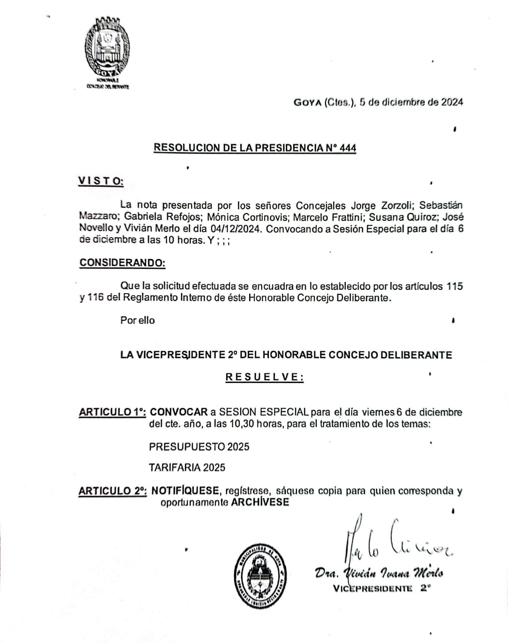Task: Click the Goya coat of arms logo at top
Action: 107,49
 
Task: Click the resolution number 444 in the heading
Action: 348,148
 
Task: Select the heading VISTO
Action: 100,181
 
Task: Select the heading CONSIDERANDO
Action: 122,263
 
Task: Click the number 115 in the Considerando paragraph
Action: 454,286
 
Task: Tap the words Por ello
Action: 138,320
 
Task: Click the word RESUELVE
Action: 264,377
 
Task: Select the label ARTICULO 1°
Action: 113,412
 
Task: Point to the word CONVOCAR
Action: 179,412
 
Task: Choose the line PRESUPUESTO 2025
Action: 199,446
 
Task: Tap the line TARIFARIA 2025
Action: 187,467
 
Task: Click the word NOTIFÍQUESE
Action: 185,491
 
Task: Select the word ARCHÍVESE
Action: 260,502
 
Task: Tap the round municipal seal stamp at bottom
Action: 261,573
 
